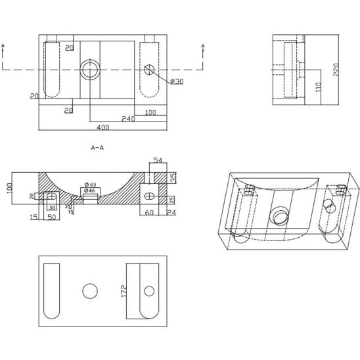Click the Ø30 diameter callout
tap(177, 81)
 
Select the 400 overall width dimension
tap(103, 127)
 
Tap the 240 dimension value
tap(128, 119)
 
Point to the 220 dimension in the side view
tap(336, 70)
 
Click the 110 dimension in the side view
tap(319, 87)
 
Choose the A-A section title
tap(97, 148)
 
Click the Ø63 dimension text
tap(90, 185)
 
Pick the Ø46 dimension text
tap(90, 191)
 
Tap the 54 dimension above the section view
tap(158, 160)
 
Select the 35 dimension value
tap(173, 178)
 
